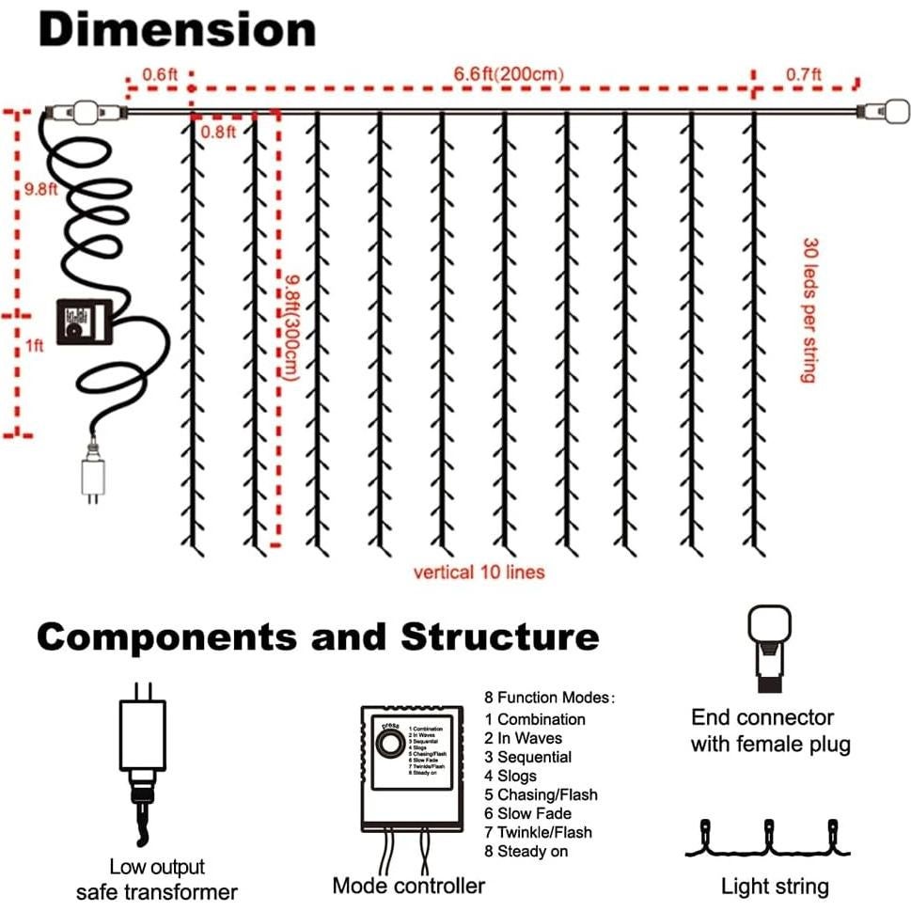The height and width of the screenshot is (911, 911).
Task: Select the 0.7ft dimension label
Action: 803,73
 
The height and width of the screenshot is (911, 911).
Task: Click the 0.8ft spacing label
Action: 218,132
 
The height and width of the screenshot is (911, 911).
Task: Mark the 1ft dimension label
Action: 35,346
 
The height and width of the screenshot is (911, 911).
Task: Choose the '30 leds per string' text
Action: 808,308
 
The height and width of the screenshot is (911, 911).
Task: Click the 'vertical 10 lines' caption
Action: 479,572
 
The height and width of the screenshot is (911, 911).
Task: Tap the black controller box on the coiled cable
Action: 82,322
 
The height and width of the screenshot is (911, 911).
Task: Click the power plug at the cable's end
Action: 90,477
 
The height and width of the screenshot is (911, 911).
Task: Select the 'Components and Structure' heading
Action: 318,637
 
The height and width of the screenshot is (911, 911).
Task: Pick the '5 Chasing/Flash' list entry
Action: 541,794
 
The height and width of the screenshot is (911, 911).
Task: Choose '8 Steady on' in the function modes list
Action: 526,851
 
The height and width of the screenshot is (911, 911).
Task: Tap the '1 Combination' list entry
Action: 535,719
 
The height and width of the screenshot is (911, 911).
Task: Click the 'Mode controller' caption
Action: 409,886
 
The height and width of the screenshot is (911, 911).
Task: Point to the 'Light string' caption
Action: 775,887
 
